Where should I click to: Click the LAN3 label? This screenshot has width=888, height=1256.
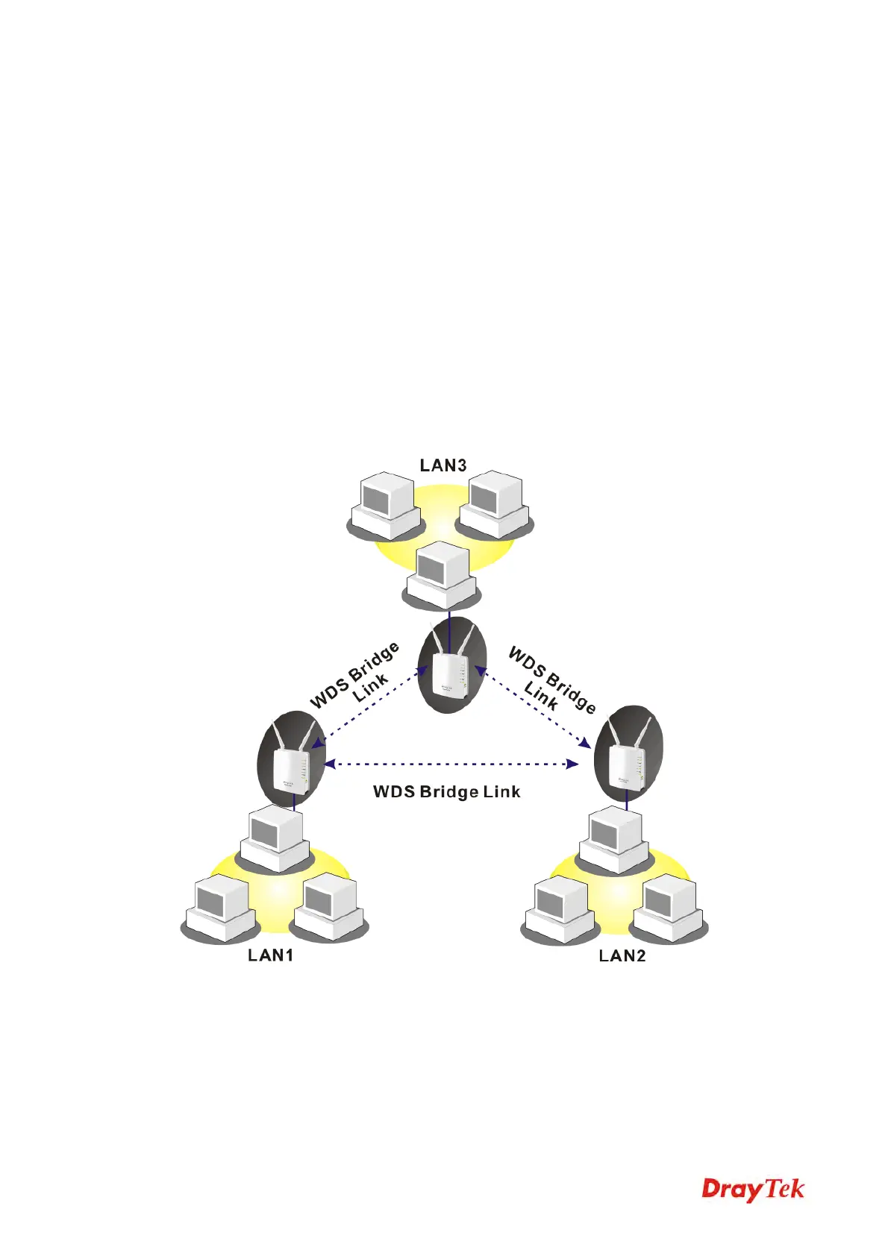click(443, 465)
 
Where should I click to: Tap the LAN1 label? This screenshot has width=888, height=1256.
click(270, 955)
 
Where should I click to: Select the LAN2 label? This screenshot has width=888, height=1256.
click(622, 955)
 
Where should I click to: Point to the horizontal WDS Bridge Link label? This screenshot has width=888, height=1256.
click(446, 791)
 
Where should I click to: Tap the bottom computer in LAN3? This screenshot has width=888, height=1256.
click(442, 576)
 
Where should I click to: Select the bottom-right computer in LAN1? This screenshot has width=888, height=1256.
click(328, 908)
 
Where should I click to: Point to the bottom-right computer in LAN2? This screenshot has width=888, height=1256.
click(669, 909)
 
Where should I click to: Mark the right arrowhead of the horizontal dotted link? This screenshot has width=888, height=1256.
click(572, 764)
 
